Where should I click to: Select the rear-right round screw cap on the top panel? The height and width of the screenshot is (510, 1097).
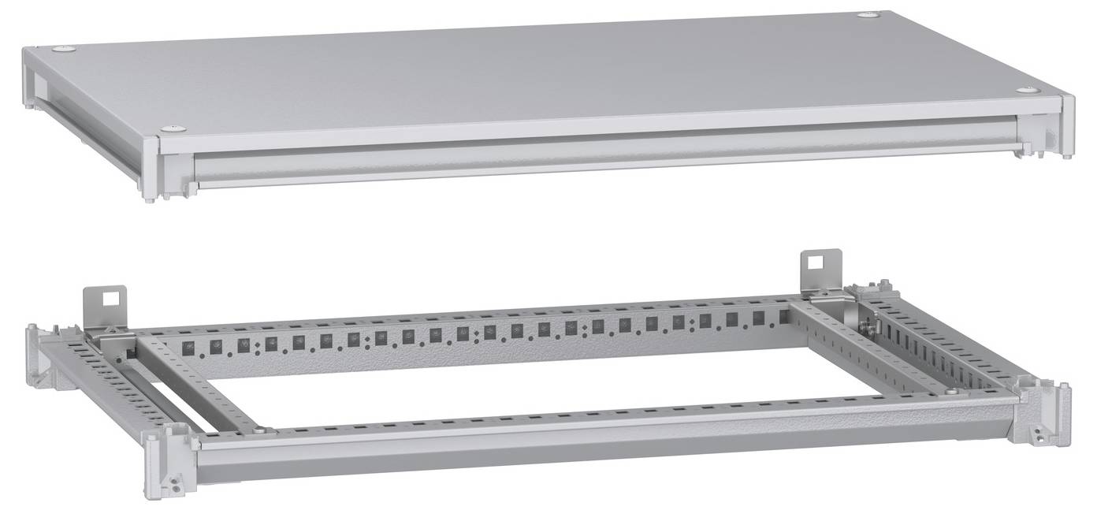868,15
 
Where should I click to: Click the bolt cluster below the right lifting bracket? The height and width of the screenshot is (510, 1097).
870,322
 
